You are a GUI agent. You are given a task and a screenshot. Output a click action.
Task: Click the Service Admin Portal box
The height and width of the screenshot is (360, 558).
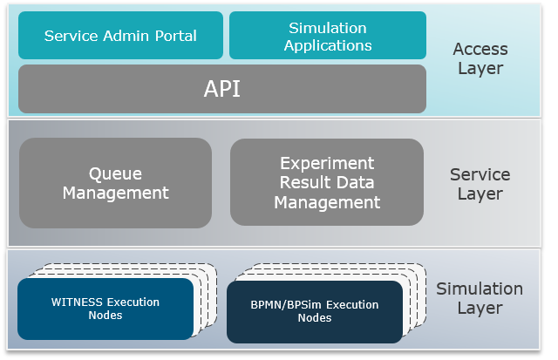pyautogui.click(x=120, y=36)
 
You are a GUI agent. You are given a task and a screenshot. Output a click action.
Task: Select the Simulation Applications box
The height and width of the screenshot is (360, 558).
pyautogui.click(x=328, y=36)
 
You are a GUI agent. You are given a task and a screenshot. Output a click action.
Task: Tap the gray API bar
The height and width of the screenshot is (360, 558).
pyautogui.click(x=222, y=89)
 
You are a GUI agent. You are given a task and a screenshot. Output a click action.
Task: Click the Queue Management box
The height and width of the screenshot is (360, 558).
pyautogui.click(x=115, y=183)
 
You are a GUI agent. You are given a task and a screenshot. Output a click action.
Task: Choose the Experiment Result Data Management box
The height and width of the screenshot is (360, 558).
pyautogui.click(x=327, y=182)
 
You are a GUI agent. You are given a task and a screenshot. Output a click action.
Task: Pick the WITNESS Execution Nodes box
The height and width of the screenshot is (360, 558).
pyautogui.click(x=105, y=309)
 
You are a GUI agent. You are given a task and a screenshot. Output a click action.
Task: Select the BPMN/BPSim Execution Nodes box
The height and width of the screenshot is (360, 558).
pyautogui.click(x=315, y=311)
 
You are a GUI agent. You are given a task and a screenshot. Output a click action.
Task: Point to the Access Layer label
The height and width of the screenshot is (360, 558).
pyautogui.click(x=480, y=58)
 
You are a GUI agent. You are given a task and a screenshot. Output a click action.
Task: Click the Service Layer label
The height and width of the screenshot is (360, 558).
pyautogui.click(x=480, y=184)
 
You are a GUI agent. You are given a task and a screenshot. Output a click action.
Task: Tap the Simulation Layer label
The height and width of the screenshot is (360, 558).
pyautogui.click(x=480, y=298)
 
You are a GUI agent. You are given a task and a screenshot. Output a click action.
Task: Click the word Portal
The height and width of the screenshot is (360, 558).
pyautogui.click(x=174, y=36)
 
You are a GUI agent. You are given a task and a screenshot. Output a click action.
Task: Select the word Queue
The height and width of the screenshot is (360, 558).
pyautogui.click(x=115, y=173)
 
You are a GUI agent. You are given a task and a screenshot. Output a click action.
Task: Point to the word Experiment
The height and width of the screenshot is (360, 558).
pyautogui.click(x=327, y=163)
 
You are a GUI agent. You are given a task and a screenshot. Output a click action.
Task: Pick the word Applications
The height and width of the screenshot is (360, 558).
pyautogui.click(x=328, y=45)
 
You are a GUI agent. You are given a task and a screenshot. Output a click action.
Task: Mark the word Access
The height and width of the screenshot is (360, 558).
pyautogui.click(x=480, y=49)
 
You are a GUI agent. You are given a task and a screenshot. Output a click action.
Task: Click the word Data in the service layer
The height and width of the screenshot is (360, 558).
pyautogui.click(x=354, y=182)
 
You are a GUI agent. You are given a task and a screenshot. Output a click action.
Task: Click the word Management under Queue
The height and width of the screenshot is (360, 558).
pyautogui.click(x=115, y=193)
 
